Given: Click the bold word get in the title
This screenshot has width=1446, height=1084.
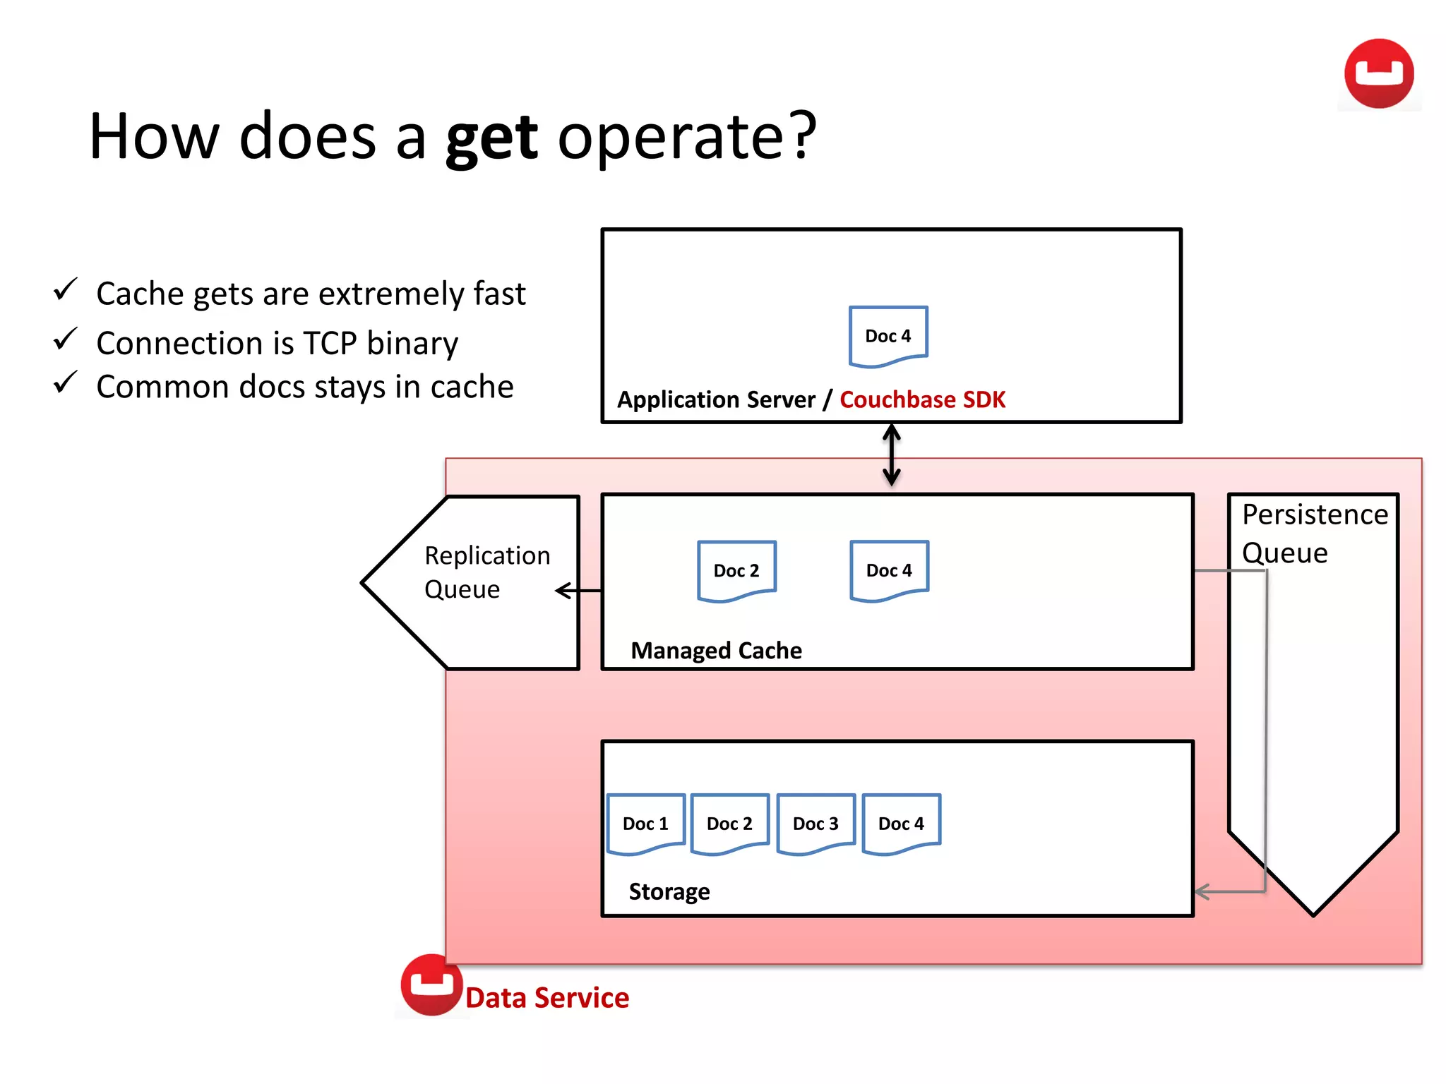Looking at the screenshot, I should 491,138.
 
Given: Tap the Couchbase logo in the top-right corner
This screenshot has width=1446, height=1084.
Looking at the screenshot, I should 1378,74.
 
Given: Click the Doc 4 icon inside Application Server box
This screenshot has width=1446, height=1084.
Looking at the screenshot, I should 888,336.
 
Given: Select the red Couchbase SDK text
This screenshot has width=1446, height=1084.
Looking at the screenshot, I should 922,399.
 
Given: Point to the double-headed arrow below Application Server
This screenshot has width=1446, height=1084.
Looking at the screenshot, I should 892,455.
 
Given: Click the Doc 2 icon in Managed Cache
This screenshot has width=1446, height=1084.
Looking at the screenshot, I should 736,570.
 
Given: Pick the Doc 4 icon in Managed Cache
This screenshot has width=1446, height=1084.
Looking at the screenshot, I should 889,570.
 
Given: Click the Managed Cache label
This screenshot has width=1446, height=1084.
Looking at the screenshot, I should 716,650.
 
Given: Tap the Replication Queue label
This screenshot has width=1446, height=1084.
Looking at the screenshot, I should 486,572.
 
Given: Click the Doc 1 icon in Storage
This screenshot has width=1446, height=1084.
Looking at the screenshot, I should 645,824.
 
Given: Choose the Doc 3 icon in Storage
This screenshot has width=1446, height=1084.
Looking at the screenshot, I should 815,824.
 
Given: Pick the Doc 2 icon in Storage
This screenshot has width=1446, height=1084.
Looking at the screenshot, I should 729,824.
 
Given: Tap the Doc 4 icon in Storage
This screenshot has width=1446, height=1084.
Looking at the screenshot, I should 901,824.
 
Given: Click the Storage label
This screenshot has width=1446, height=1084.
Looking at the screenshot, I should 669,891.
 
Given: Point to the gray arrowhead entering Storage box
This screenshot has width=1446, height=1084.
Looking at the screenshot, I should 1202,892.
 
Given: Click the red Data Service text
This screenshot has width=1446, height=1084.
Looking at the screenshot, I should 547,998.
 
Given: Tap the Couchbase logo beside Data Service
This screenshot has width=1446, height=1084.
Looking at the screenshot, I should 431,984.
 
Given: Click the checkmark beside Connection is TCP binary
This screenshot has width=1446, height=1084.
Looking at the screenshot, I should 65,339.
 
